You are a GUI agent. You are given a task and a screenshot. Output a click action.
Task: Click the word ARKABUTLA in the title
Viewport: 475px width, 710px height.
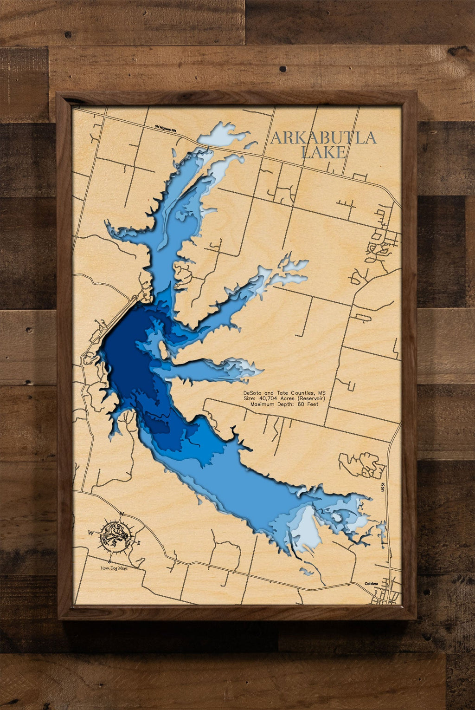point(323,137)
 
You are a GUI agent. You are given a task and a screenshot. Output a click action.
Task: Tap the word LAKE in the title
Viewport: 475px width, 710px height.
point(323,152)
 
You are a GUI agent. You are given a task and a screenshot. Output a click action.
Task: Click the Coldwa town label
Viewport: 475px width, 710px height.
point(372,584)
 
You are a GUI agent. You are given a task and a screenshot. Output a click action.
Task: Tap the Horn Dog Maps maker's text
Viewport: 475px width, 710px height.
point(114,568)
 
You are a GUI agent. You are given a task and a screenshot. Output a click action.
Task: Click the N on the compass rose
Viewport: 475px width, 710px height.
point(122,514)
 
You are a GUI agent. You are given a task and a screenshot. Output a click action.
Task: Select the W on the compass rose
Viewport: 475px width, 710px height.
point(91,533)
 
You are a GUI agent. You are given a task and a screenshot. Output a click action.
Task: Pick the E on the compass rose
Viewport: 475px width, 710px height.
point(140,542)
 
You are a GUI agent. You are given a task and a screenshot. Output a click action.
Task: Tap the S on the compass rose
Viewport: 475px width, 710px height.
point(109,561)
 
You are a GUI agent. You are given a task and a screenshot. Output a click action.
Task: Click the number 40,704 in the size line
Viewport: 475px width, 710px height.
point(274,398)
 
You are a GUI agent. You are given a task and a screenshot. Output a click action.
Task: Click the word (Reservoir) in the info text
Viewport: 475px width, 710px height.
point(312,398)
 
